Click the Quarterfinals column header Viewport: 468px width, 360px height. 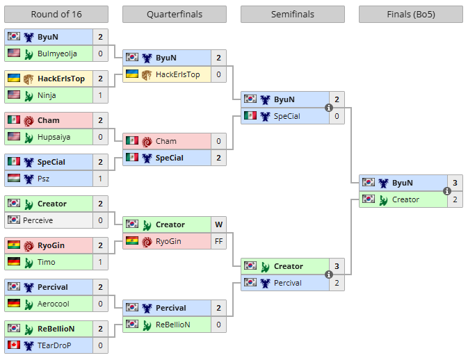175,14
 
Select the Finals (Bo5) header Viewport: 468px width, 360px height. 411,14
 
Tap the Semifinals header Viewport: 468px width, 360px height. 293,14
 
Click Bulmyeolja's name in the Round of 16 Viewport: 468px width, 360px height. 57,54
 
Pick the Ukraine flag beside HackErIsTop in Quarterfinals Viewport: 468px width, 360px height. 132,74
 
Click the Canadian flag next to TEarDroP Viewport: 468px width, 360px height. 14,345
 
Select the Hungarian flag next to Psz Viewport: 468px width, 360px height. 14,178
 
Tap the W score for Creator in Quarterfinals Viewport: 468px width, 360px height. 218,224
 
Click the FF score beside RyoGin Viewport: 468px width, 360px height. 218,241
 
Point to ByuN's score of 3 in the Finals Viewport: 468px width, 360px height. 455,183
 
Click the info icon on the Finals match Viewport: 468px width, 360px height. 447,191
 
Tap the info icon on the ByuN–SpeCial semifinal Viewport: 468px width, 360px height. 329,108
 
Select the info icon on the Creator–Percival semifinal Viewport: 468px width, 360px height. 329,275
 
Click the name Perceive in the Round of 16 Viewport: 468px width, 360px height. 38,220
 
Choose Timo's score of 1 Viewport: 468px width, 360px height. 100,262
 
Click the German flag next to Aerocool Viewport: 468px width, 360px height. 14,303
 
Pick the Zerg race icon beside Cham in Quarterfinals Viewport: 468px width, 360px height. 147,142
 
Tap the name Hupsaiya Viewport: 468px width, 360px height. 54,137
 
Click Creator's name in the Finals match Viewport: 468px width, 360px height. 405,199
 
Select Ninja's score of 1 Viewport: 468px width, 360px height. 100,95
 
